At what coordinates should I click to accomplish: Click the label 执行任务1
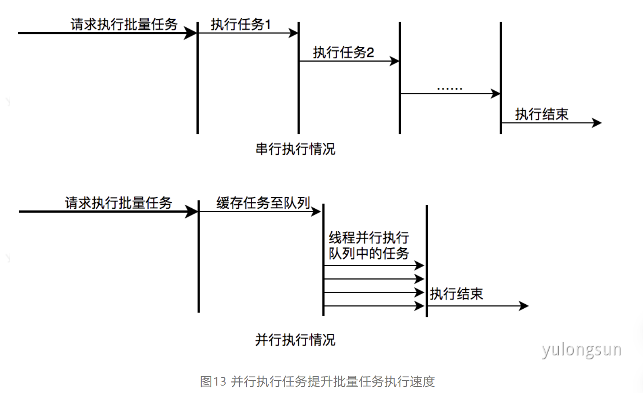240,24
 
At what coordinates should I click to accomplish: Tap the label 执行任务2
343,53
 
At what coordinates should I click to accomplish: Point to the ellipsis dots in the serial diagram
450,89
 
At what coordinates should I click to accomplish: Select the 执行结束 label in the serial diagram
542,114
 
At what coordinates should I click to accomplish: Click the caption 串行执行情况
295,149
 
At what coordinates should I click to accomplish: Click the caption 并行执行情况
295,340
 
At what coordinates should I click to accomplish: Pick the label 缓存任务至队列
263,203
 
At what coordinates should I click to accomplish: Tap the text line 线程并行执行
369,237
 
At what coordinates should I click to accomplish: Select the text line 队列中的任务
369,253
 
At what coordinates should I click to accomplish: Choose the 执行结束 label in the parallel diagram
456,294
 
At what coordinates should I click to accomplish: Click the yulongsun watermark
581,350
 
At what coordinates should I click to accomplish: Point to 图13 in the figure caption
213,381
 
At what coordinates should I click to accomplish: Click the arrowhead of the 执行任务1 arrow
294,33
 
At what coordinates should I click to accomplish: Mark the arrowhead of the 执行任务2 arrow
395,61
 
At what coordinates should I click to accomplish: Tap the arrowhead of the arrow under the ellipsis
496,93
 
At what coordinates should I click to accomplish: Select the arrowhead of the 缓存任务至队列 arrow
317,212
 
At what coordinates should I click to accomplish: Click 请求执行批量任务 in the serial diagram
124,24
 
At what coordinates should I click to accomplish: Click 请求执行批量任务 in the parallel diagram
118,203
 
